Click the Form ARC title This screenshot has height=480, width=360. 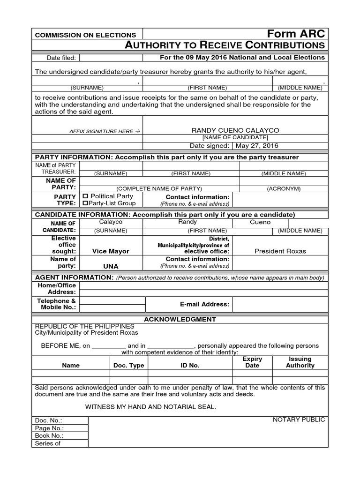(x=295, y=34)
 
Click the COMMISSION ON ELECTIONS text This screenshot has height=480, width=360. (x=86, y=35)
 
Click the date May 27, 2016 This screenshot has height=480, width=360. (x=257, y=146)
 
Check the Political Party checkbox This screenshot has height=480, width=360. (x=85, y=196)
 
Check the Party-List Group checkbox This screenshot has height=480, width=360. (x=85, y=203)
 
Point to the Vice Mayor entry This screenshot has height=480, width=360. (x=111, y=251)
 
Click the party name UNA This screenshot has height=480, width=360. (x=111, y=266)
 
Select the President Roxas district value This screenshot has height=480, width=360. (x=280, y=251)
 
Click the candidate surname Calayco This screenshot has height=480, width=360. (x=111, y=222)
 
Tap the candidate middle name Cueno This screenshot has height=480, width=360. (x=260, y=222)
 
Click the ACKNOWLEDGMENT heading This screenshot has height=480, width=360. (x=180, y=319)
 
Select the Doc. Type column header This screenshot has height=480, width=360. (x=129, y=365)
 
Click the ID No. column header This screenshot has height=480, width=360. (x=190, y=365)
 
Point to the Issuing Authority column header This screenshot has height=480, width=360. (x=300, y=362)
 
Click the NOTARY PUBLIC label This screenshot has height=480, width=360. (x=299, y=420)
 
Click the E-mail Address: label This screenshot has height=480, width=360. (x=205, y=304)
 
